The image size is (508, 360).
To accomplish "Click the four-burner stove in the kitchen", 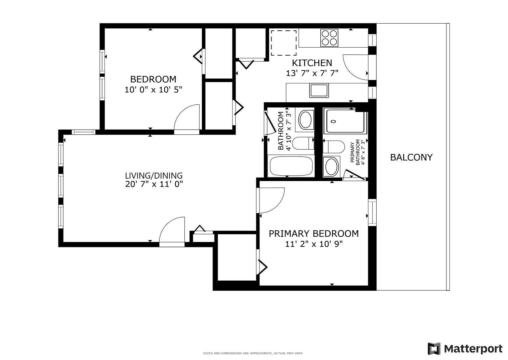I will [329, 37].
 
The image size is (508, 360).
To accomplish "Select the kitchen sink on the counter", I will [319, 90].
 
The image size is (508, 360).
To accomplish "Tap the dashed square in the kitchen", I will [283, 43].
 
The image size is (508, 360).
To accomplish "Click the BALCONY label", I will [411, 157].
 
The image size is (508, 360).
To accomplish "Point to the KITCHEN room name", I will [312, 63].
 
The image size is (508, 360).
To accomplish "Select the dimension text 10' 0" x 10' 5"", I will [153, 90].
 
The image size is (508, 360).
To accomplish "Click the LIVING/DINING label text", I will [154, 175].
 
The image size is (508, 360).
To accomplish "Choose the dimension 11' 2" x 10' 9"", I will [314, 244].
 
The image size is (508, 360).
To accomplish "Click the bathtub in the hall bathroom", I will [291, 166].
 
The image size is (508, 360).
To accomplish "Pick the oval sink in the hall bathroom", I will [306, 120].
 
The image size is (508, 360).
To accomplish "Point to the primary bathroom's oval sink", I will [331, 167].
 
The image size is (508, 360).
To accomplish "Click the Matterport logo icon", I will [434, 348].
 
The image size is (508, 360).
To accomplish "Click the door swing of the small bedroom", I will [187, 118].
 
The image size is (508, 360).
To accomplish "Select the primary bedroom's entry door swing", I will [271, 200].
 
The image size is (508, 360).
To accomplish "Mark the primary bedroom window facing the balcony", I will [372, 212].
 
